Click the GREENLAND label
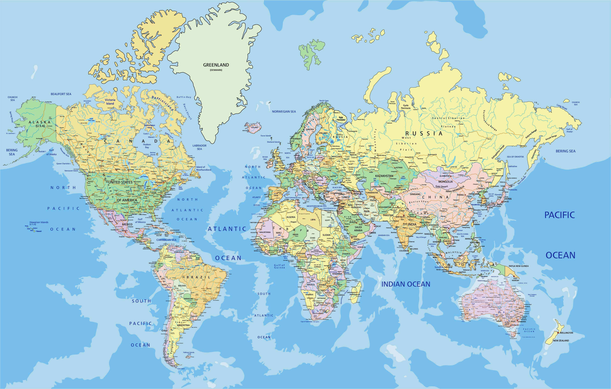coord(216,65)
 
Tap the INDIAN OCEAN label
coord(406,284)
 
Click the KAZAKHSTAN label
coord(384,176)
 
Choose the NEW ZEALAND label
coord(561,341)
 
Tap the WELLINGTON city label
coord(566,333)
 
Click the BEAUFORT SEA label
coord(61,94)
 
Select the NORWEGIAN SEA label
coord(284,111)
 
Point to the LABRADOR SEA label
coord(199,147)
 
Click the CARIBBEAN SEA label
coord(166,240)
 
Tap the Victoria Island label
coord(110,102)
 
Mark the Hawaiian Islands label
coord(39,223)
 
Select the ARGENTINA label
coord(183,325)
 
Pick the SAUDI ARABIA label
coord(358,229)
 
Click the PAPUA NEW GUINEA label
coord(519,266)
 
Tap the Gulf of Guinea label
coord(279,266)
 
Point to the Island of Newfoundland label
coord(204,168)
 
